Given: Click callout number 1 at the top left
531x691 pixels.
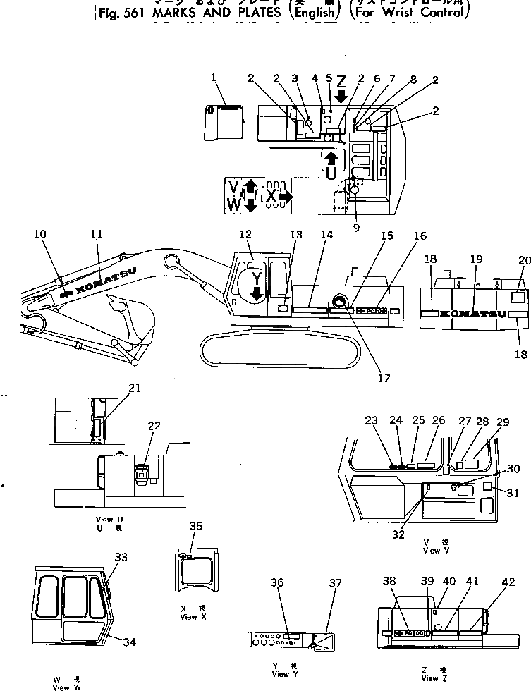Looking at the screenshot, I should pos(214,78).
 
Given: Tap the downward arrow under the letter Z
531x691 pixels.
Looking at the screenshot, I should pos(341,95).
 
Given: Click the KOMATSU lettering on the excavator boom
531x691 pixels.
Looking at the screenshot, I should pos(106,283).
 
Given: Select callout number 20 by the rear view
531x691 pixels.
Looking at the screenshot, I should pos(523,260).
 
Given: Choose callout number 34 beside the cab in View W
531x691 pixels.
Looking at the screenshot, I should pos(129,642).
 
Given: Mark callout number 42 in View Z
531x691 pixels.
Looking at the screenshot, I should pos(508,582).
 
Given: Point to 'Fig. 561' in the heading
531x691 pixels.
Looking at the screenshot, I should pos(116,13).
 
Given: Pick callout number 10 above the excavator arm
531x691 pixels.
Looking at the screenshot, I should pos(40,233).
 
